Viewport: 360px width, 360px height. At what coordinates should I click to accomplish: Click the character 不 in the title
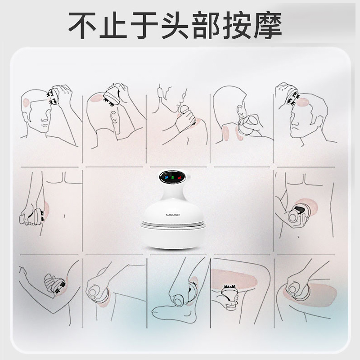pos(82,25)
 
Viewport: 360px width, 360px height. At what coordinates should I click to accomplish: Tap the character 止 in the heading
pos(113,25)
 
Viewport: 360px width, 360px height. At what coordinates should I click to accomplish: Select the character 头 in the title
pos(175,25)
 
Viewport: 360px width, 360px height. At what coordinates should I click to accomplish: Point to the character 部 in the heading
pos(206,25)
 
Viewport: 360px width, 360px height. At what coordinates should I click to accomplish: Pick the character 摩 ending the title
pos(268,25)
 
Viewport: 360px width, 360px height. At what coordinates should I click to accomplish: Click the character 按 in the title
pos(237,25)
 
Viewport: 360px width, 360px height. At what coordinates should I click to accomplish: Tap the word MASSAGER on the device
pos(173,215)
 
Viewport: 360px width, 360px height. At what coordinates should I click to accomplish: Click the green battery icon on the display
pos(173,177)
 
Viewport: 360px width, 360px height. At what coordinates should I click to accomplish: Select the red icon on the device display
pos(179,177)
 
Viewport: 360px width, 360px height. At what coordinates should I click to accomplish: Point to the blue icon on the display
pos(166,177)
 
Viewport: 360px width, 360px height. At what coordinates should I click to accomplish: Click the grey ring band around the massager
pos(173,224)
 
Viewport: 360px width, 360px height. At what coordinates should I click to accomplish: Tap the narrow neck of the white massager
pos(173,193)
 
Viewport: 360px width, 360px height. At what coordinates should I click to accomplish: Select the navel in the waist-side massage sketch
pos(65,216)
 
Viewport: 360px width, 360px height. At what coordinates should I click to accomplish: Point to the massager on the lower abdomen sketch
pos(298,213)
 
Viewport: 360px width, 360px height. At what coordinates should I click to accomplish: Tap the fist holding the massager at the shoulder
pos(185,119)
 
